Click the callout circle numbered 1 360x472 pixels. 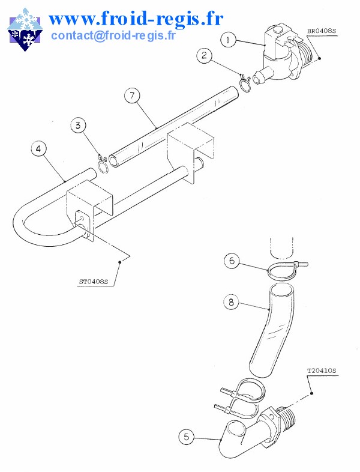(228, 40)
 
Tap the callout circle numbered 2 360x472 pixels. (205, 55)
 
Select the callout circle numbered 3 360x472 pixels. (79, 125)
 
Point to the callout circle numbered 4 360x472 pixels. (39, 149)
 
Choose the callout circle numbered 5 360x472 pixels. (187, 437)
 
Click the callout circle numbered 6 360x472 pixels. (232, 261)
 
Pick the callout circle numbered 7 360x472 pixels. (132, 95)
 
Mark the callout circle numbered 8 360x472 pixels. (231, 301)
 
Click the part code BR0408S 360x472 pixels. (322, 31)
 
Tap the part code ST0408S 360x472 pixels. (94, 282)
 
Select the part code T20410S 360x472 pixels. (322, 371)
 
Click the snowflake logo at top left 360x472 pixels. (25, 29)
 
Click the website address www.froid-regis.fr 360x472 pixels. (136, 19)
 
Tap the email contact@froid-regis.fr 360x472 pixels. (113, 35)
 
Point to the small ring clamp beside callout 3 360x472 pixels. (103, 164)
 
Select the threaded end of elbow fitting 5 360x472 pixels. (287, 419)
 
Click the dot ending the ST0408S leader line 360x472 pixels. (119, 262)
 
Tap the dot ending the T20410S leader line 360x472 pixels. (311, 393)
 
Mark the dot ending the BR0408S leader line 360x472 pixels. (319, 58)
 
